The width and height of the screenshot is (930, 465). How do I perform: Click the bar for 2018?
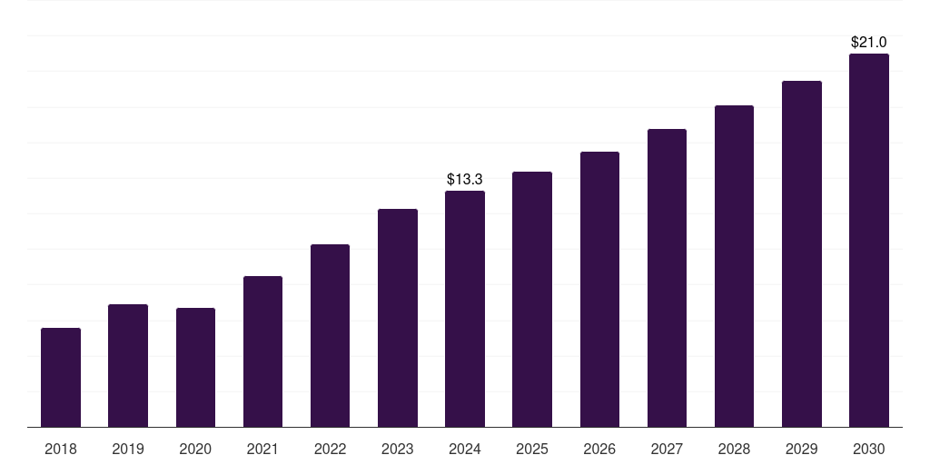(61, 377)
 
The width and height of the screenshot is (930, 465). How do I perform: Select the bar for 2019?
(128, 365)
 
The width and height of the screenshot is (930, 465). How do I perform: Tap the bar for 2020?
(195, 367)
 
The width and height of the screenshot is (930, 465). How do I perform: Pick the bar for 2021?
(262, 351)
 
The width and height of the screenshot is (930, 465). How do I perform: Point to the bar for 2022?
(330, 335)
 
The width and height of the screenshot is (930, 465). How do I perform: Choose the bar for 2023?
(398, 318)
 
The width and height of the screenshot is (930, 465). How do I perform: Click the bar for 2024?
(465, 309)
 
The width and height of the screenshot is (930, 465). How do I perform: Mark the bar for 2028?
(734, 266)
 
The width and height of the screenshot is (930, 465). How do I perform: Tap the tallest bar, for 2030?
(869, 240)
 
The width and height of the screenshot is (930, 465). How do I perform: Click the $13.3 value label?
(465, 180)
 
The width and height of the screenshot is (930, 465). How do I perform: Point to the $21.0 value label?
(869, 43)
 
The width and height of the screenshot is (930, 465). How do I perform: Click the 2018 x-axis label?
(61, 449)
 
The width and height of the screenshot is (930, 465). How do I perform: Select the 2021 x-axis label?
(262, 449)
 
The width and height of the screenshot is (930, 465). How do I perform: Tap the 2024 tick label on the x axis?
(465, 449)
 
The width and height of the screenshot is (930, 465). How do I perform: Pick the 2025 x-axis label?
(532, 449)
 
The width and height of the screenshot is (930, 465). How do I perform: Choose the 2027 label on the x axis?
(667, 449)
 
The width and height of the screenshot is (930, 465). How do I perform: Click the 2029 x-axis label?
(802, 449)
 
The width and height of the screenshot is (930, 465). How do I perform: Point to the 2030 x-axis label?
(869, 449)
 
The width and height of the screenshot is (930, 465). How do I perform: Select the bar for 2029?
(802, 253)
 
